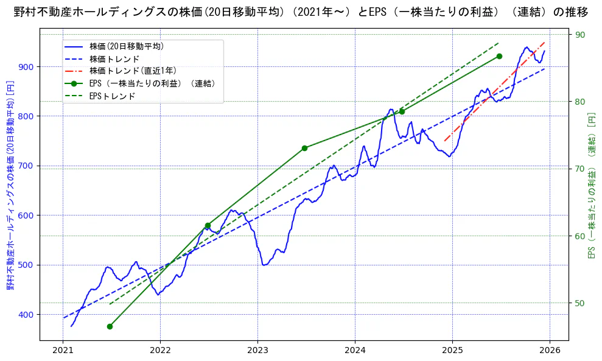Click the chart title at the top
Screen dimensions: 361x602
coord(301,12)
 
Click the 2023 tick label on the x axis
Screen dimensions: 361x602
coord(257,350)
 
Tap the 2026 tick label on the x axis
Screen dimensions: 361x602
coord(550,350)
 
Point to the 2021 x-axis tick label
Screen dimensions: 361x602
coord(63,350)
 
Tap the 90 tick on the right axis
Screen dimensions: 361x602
coord(580,35)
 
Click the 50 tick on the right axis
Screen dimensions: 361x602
coord(580,303)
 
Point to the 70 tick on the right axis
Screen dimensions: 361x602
coord(580,169)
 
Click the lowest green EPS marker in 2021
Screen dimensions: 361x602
coord(110,326)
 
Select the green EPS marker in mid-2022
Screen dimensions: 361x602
coord(208,225)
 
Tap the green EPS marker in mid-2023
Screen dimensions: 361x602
coord(304,148)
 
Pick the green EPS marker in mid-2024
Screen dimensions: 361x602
coord(402,111)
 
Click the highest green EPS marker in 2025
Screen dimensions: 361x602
coord(499,56)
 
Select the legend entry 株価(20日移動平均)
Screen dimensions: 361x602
coord(126,46)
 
